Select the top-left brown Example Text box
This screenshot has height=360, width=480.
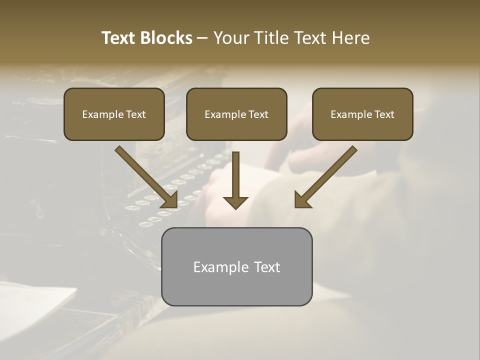[114, 114]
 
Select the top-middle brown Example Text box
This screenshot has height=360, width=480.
[236, 114]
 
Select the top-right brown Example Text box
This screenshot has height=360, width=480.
[362, 114]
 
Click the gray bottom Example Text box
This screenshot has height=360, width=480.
[236, 266]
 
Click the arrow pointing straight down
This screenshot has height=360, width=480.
[235, 180]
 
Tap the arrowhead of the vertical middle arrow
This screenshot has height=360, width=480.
[235, 202]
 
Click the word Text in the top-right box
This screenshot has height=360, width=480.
[384, 114]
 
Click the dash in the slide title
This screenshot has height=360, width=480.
[202, 38]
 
